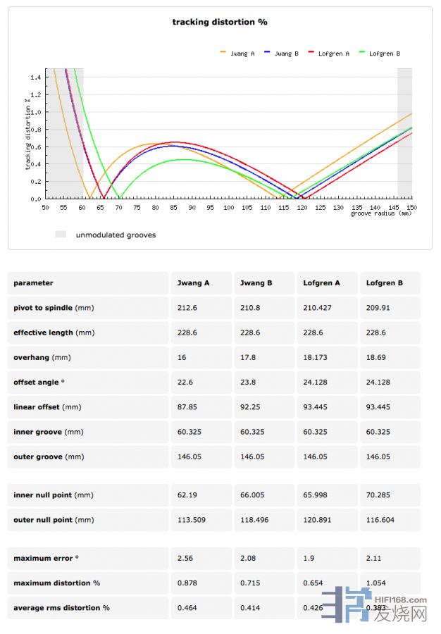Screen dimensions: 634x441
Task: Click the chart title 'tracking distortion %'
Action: tap(220, 22)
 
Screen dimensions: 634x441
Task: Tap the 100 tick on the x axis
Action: tap(229, 208)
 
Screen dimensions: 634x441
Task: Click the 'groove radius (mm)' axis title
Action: tap(381, 213)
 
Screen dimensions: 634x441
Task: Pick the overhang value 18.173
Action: tap(315, 358)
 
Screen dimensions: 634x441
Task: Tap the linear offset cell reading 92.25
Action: tap(251, 407)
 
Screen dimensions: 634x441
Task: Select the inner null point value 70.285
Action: tap(378, 495)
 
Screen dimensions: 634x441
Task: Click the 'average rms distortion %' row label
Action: tap(61, 607)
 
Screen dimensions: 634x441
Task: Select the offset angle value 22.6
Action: tap(182, 383)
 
